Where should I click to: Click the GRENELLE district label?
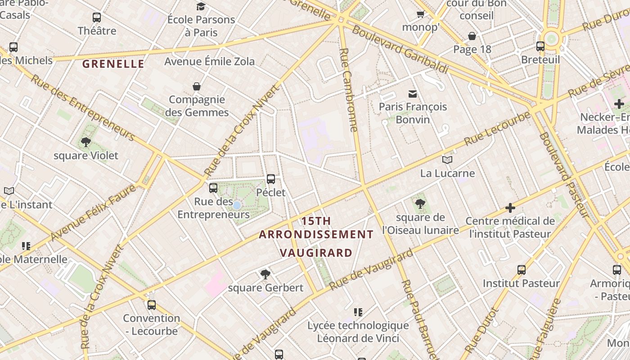113,64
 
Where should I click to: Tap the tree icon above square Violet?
85,143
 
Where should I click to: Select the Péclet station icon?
271,179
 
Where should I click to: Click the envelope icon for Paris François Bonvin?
413,94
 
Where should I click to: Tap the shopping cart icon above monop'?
421,14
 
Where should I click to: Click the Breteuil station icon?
540,46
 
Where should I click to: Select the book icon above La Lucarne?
447,160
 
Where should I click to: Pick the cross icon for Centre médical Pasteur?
510,207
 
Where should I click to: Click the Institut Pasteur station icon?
521,270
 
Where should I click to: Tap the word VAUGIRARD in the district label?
316,252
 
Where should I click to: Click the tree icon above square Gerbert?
265,274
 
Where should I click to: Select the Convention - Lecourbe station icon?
152,305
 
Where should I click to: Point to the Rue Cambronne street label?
349,90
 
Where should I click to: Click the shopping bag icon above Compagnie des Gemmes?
197,86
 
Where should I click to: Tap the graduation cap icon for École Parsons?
201,6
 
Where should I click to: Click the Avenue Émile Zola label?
209,61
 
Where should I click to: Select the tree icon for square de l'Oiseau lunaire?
420,204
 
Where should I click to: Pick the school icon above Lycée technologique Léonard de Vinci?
358,312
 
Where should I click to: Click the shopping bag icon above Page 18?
472,36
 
